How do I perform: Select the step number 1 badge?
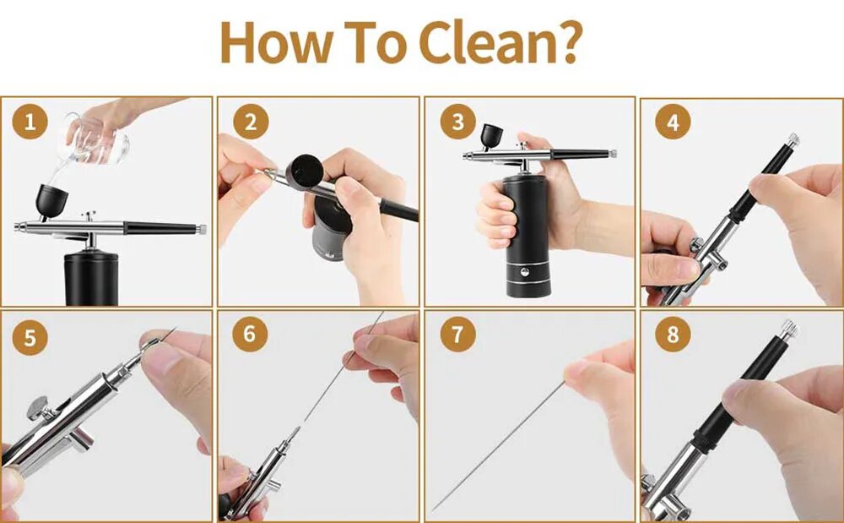pyautogui.click(x=30, y=122)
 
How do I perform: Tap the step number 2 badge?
pyautogui.click(x=251, y=122)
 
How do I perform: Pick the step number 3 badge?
pyautogui.click(x=457, y=122)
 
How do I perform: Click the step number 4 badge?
pyautogui.click(x=673, y=122)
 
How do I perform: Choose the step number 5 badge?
pyautogui.click(x=30, y=338)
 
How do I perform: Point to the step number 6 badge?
pyautogui.click(x=250, y=334)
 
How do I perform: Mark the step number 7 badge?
pyautogui.click(x=457, y=334)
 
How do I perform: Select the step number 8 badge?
pyautogui.click(x=673, y=334)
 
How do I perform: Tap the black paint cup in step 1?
pyautogui.click(x=51, y=201)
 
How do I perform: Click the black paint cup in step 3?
pyautogui.click(x=491, y=136)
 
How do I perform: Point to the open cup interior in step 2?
pyautogui.click(x=306, y=170)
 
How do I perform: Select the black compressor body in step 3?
pyautogui.click(x=527, y=236)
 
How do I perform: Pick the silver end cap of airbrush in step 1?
pyautogui.click(x=202, y=230)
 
